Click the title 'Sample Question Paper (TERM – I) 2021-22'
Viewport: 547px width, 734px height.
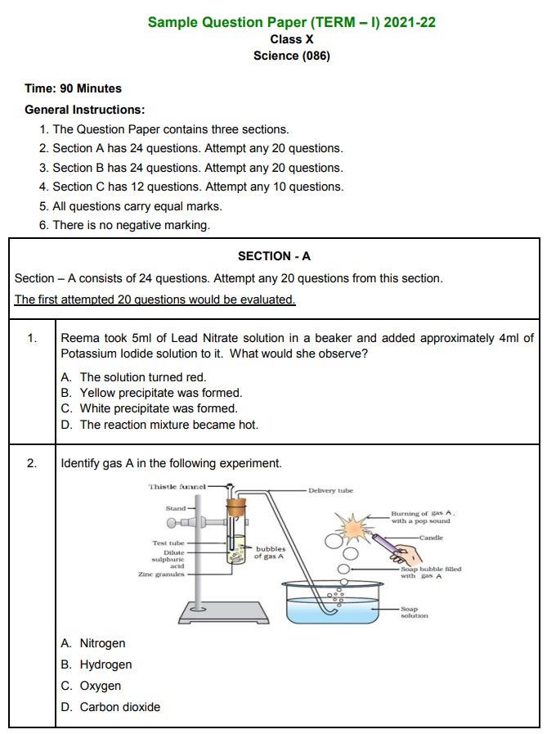pos(291,22)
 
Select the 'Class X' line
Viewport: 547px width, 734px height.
pos(291,39)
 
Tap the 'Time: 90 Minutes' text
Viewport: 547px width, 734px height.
pos(73,88)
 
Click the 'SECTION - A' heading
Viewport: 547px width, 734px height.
pos(274,256)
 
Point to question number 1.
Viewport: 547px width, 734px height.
pos(32,338)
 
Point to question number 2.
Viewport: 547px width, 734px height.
pos(32,463)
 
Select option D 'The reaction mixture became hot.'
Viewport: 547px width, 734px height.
pos(159,425)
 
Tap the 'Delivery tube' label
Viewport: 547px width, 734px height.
pos(330,491)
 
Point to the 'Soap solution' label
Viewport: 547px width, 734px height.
pos(415,612)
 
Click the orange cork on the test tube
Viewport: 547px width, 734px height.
pos(236,508)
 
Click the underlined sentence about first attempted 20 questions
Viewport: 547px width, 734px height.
pos(155,299)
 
